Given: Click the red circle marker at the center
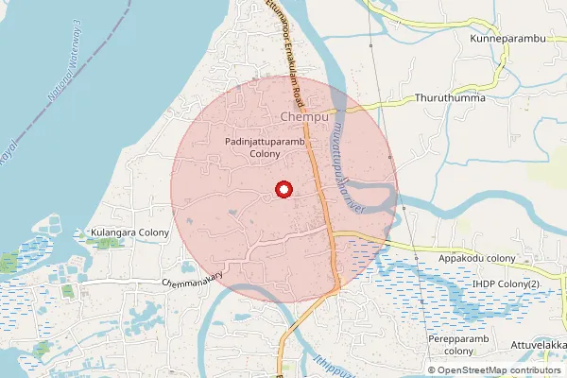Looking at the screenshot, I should pyautogui.click(x=283, y=190).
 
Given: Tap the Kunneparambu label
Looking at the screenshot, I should pyautogui.click(x=508, y=39).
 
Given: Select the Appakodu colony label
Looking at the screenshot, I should pyautogui.click(x=476, y=258).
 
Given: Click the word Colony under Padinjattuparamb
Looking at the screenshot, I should pyautogui.click(x=266, y=154).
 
